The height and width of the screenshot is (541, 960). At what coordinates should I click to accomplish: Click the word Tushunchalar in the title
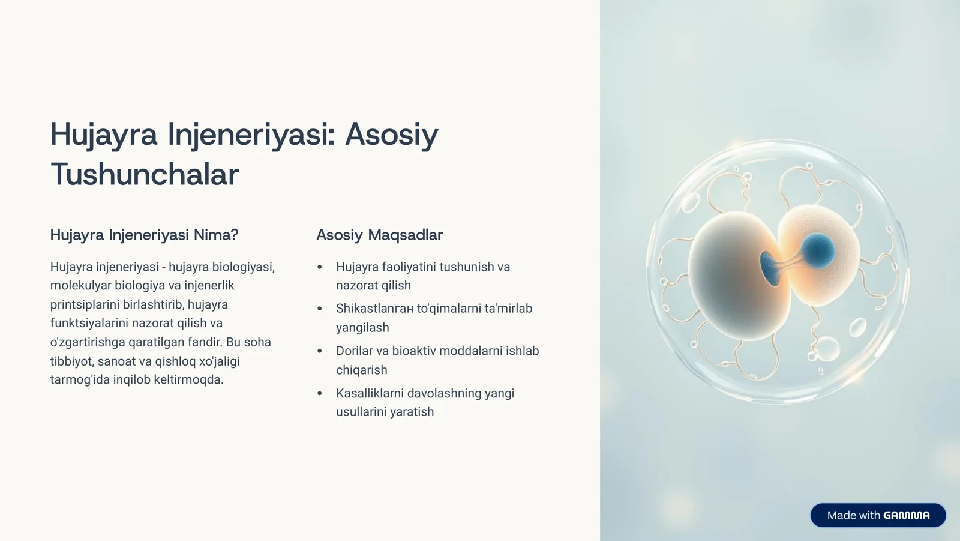[x=145, y=175]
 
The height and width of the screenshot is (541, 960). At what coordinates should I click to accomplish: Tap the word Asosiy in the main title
[x=392, y=134]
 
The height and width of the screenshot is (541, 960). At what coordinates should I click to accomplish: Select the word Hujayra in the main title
[x=103, y=134]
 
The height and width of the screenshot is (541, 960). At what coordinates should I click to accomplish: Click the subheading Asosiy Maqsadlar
[x=379, y=235]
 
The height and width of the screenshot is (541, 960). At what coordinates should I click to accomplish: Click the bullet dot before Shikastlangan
[x=320, y=309]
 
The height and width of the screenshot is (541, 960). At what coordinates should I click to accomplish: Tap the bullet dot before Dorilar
[x=320, y=351]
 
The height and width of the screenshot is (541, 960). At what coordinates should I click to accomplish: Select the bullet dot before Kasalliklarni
[x=320, y=394]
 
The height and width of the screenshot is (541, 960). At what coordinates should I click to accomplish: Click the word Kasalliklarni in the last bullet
[x=369, y=393]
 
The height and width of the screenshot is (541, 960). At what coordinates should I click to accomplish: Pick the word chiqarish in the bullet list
[x=361, y=370]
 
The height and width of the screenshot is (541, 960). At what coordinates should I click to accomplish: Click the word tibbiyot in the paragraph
[x=71, y=361]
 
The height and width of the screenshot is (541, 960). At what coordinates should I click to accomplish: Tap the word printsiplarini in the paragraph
[x=84, y=304]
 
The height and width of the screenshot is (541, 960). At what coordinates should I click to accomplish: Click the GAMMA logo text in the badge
[x=907, y=515]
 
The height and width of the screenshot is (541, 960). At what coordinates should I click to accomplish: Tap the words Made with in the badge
[x=853, y=515]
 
